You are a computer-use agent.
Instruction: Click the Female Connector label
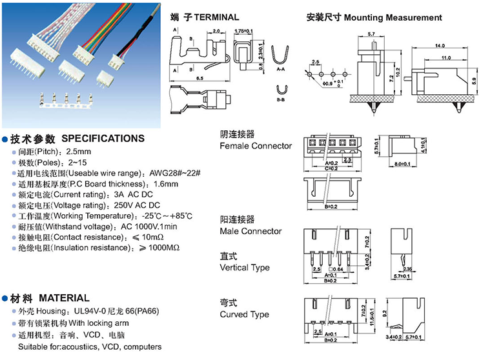[256, 146]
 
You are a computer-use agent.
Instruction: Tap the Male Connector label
[251, 231]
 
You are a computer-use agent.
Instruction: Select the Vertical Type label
[244, 267]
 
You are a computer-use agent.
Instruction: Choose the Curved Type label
[244, 315]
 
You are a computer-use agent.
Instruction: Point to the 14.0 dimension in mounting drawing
[440, 46]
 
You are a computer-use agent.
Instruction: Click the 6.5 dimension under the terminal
[200, 78]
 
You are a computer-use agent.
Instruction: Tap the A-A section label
[281, 67]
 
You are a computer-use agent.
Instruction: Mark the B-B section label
[281, 100]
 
